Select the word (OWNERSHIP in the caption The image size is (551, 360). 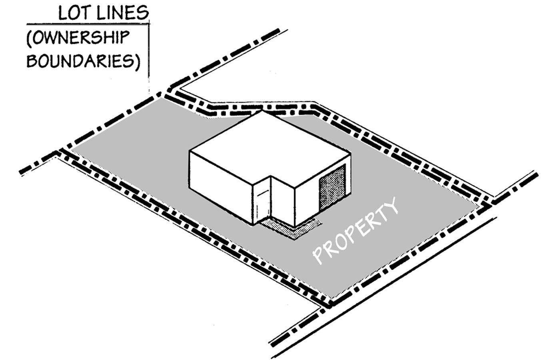pos(78,38)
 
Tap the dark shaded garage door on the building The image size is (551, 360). pos(332,188)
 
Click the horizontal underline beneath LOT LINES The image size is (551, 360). pos(88,23)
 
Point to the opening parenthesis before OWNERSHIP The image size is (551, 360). pos(29,38)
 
